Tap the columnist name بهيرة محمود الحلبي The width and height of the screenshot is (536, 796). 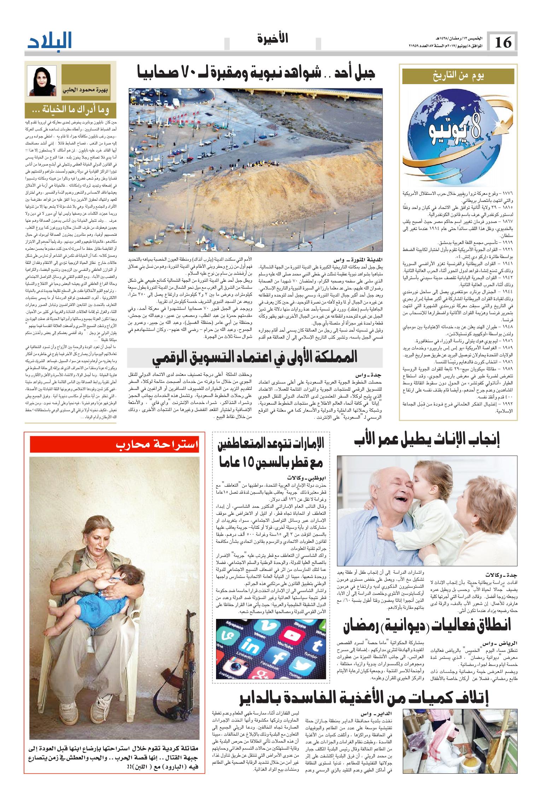click(86, 91)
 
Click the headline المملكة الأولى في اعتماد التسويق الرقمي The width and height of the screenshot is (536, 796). click(255, 358)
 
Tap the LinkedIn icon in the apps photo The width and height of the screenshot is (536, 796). click(250, 648)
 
